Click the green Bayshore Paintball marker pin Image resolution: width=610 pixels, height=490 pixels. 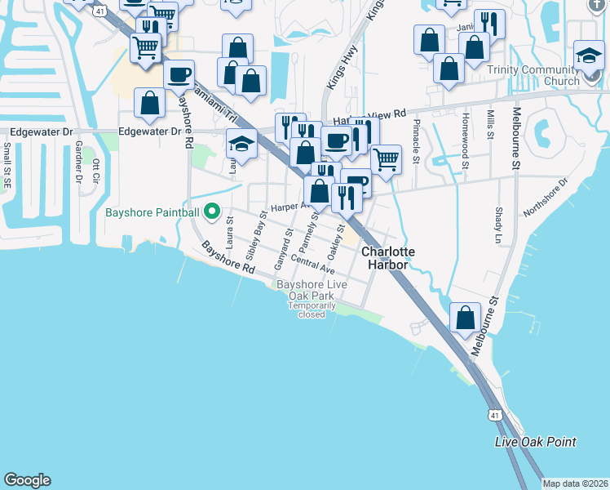212,212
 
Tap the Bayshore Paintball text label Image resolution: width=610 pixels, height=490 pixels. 152,213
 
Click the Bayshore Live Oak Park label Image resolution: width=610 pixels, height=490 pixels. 312,289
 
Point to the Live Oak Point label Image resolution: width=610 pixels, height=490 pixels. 536,442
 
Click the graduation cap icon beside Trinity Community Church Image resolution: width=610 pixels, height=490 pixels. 589,56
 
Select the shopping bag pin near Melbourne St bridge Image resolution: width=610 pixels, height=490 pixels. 465,319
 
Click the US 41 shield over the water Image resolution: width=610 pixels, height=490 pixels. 495,416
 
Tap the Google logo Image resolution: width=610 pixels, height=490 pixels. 27,480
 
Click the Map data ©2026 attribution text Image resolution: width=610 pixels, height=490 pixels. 576,483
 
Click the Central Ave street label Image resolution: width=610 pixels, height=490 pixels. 312,265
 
